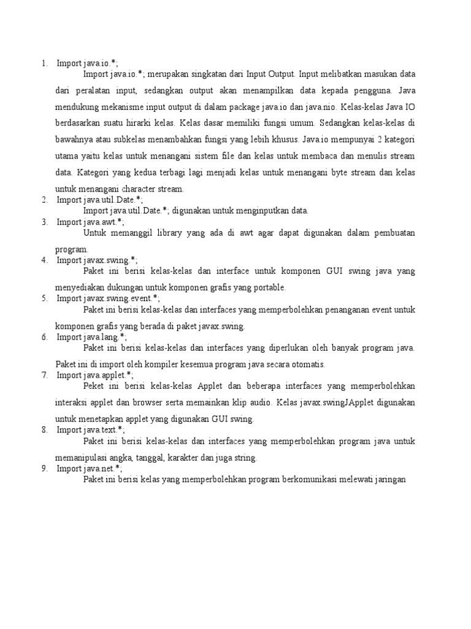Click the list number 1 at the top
click(44, 63)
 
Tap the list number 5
click(45, 299)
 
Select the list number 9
click(45, 468)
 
